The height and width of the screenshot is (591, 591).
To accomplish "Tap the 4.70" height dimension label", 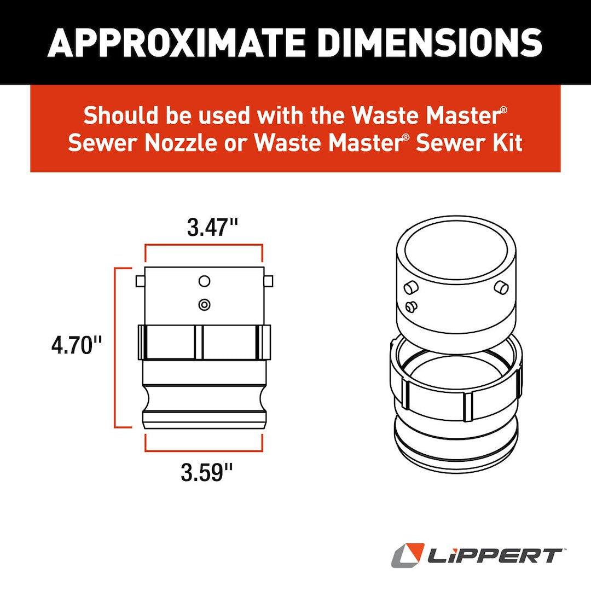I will pos(77,346).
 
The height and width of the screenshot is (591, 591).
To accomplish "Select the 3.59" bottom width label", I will pos(204,472).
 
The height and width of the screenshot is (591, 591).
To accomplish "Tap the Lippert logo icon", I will pos(408,555).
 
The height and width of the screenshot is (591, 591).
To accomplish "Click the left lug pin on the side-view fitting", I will pos(140,281).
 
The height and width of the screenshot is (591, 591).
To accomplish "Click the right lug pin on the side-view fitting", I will pos(268,281).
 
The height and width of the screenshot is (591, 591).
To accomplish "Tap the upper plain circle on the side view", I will pos(204,281).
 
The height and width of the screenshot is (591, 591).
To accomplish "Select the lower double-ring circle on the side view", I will pos(204,304).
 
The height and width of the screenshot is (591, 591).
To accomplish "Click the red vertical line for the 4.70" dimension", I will pos(115,346).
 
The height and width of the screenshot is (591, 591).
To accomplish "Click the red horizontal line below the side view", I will pos(204,451).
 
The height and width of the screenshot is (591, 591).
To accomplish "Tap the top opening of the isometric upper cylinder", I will pos(456,250).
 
